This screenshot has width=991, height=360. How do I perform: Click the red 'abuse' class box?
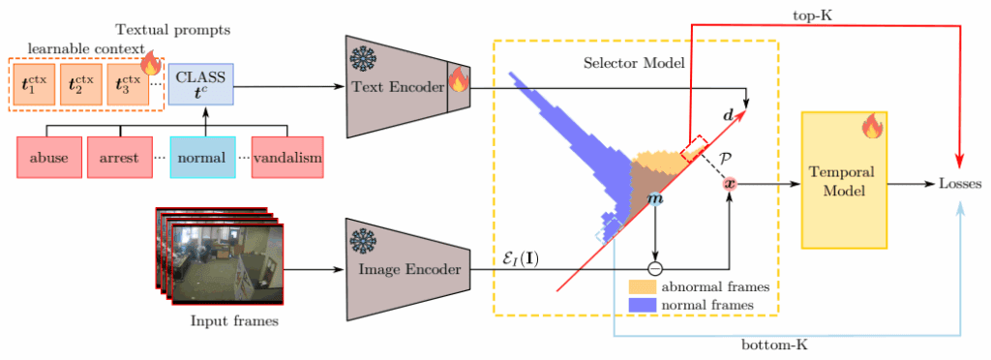[x=48, y=156]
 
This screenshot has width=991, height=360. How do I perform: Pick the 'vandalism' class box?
[x=286, y=156]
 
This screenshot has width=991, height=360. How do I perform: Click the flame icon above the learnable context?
[x=150, y=65]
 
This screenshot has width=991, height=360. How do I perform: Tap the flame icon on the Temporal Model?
[x=871, y=126]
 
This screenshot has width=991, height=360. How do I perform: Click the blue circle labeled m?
[x=655, y=198]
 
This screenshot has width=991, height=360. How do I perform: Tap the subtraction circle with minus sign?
[x=655, y=267]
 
